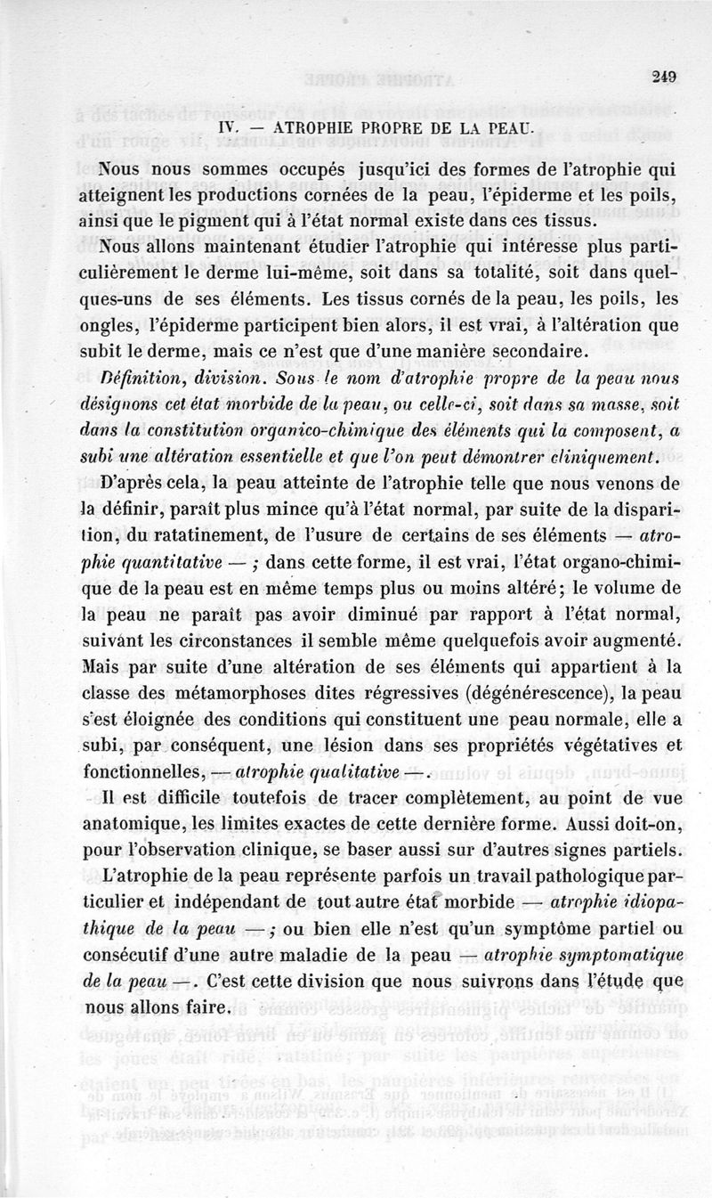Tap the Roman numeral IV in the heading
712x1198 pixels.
230,127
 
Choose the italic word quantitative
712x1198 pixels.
174,563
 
